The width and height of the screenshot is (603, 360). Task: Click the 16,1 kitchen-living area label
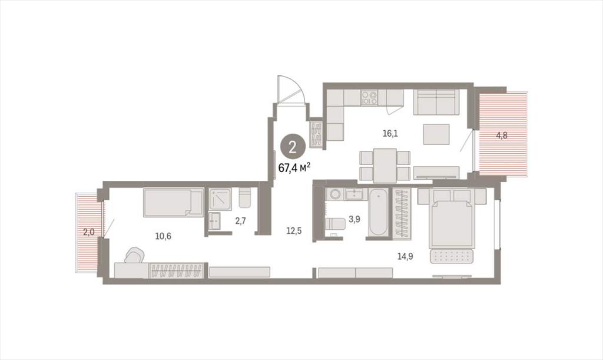pyautogui.click(x=390, y=134)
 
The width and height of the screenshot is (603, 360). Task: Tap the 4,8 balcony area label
pyautogui.click(x=502, y=136)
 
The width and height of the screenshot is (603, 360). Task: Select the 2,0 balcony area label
pyautogui.click(x=90, y=232)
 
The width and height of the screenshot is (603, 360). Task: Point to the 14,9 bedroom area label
pyautogui.click(x=405, y=256)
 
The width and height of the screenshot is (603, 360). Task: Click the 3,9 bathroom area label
pyautogui.click(x=354, y=219)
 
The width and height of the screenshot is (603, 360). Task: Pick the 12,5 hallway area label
pyautogui.click(x=294, y=231)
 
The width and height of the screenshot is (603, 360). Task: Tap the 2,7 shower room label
pyautogui.click(x=240, y=221)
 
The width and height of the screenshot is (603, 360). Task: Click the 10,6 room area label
pyautogui.click(x=163, y=236)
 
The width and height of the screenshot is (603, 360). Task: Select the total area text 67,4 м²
pyautogui.click(x=294, y=168)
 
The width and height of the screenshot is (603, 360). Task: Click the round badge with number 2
pyautogui.click(x=292, y=147)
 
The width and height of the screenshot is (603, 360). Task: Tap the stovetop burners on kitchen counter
pyautogui.click(x=369, y=97)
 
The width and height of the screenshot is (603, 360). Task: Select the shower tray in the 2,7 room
pyautogui.click(x=220, y=199)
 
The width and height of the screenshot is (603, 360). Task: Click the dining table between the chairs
pyautogui.click(x=385, y=166)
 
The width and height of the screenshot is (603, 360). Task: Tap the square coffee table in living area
pyautogui.click(x=436, y=134)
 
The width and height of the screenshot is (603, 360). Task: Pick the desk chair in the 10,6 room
pyautogui.click(x=135, y=255)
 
